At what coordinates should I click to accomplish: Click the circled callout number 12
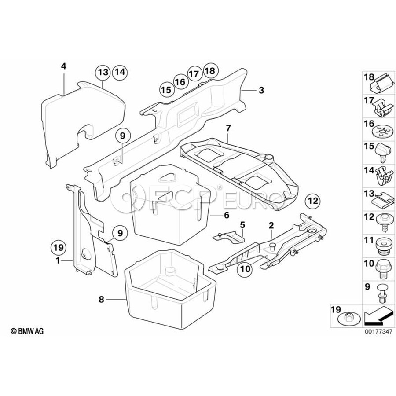coord(313,201)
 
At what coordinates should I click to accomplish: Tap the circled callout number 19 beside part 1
coord(59,247)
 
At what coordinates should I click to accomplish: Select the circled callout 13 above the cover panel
coord(103,72)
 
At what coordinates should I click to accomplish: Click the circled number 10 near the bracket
coord(245,269)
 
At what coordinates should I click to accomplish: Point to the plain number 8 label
coord(101,300)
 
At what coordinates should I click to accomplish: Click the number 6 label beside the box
coord(227,215)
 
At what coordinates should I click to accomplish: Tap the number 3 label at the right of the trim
coord(261,90)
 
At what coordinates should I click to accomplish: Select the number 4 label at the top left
coord(63,66)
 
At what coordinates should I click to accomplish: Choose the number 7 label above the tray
coord(228,128)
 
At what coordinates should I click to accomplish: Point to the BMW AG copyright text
coord(27,331)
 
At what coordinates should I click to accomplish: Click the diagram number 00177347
coord(378,331)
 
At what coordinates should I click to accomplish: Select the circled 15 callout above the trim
coord(167,90)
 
